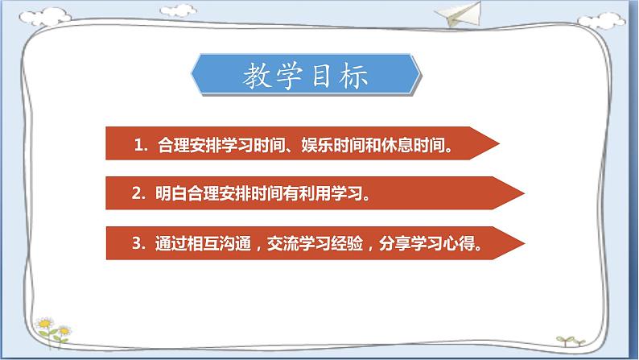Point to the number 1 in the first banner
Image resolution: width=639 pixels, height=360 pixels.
(138, 147)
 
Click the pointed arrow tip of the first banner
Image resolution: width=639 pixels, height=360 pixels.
(497, 146)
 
